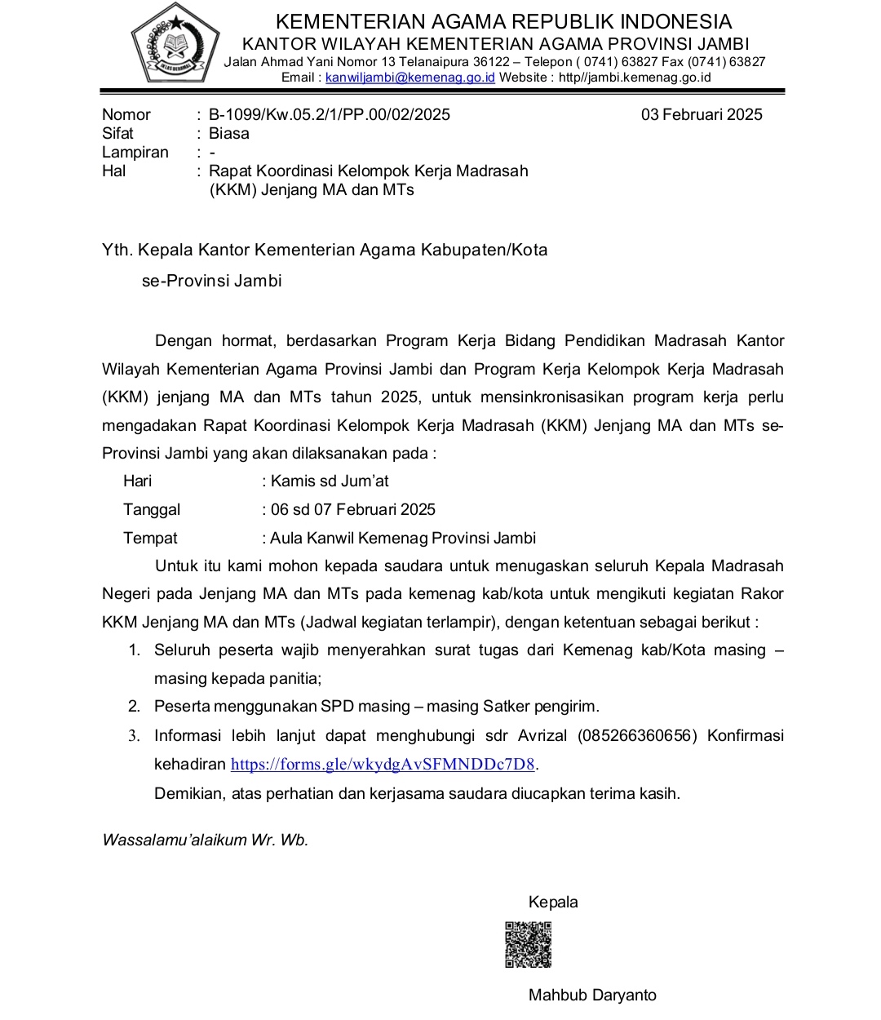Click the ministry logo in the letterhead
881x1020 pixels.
176,45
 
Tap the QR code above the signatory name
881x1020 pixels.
528,945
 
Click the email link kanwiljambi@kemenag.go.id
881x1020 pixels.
410,78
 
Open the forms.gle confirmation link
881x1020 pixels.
383,765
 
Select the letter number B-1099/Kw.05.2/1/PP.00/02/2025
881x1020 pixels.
330,115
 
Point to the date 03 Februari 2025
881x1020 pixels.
702,115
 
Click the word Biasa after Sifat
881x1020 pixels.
229,134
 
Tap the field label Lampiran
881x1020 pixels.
135,153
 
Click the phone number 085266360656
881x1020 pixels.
637,736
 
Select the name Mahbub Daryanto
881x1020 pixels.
592,996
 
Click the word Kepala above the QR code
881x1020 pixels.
553,902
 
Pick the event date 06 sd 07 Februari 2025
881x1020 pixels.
353,510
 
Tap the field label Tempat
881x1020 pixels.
150,539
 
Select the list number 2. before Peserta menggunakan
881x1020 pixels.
135,707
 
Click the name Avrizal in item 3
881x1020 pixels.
542,736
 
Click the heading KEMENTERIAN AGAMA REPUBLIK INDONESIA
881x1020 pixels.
503,22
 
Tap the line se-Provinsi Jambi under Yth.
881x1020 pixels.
211,282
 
